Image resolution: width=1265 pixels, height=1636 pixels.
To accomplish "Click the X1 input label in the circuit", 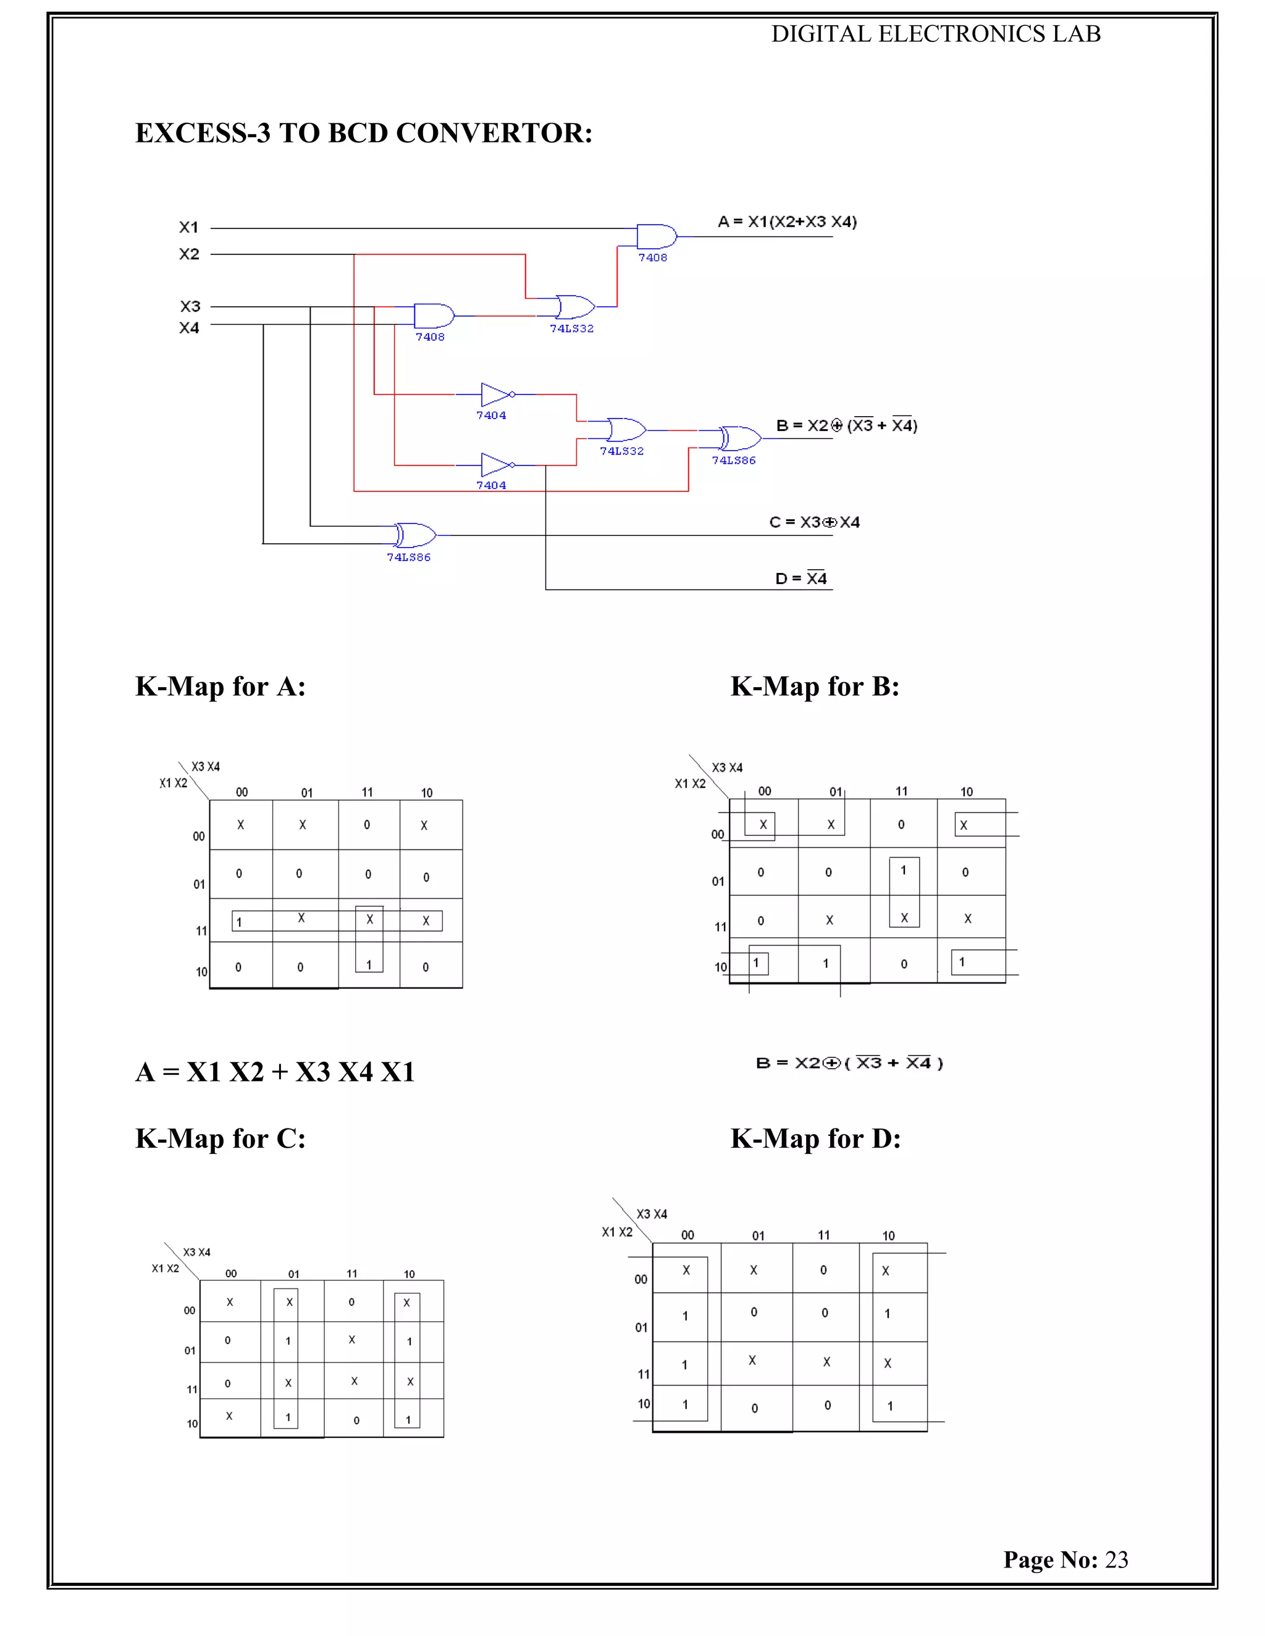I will (189, 227).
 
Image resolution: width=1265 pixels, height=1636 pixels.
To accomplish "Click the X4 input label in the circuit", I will (189, 327).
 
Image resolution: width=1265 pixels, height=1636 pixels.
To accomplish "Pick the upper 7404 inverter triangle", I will (495, 394).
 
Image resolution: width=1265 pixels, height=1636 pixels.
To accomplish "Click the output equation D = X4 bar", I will (801, 578).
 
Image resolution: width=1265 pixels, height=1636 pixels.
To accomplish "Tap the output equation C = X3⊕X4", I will (814, 522).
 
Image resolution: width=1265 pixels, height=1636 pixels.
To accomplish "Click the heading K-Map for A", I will (221, 686).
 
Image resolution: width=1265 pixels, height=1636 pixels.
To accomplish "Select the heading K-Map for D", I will (815, 1138).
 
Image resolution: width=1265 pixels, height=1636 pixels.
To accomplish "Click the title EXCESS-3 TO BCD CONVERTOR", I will (363, 133).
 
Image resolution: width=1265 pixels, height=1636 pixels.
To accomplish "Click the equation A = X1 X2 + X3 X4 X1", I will (275, 1072).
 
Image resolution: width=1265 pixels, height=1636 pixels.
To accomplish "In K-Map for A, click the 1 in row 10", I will (369, 965).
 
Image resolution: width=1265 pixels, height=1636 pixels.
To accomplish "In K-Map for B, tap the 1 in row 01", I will (903, 870).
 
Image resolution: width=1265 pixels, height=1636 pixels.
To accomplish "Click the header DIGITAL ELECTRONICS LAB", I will (935, 34).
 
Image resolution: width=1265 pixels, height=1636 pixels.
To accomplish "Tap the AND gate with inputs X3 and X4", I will (433, 315).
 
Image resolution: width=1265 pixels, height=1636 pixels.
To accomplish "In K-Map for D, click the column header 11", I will (823, 1235).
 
